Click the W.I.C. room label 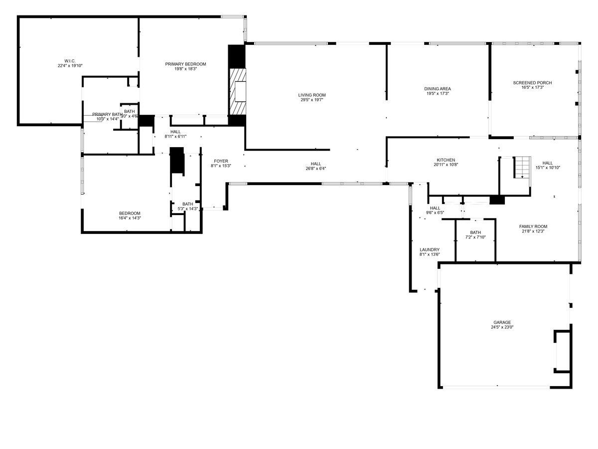pos(70,60)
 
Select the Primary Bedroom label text pos(185,64)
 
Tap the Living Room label pos(312,95)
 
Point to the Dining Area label pos(438,89)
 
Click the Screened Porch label pos(532,83)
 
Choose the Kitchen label pos(446,160)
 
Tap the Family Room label pos(533,226)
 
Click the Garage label pos(502,322)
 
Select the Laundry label pos(430,249)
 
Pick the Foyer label pos(221,161)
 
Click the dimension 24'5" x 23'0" pos(502,328)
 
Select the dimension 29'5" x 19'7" pos(312,100)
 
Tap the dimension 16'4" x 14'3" pos(130,218)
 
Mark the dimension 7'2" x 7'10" pos(475,237)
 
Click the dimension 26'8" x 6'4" pos(316,169)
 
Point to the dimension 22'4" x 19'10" pos(70,65)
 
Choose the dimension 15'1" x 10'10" pos(548,168)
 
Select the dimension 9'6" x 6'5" pos(435,213)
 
